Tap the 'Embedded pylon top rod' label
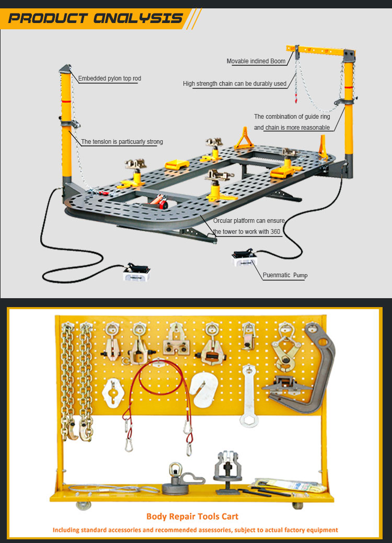pyautogui.click(x=110, y=79)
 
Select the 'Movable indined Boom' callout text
pyautogui.click(x=256, y=61)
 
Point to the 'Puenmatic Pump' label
pyautogui.click(x=285, y=275)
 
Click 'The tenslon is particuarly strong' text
pyautogui.click(x=122, y=142)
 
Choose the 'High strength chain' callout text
pyautogui.click(x=235, y=84)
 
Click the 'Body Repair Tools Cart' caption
pyautogui.click(x=192, y=516)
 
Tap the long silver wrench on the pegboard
pyautogui.click(x=249, y=395)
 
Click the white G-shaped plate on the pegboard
pyautogui.click(x=204, y=388)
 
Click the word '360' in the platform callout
pyautogui.click(x=275, y=232)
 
